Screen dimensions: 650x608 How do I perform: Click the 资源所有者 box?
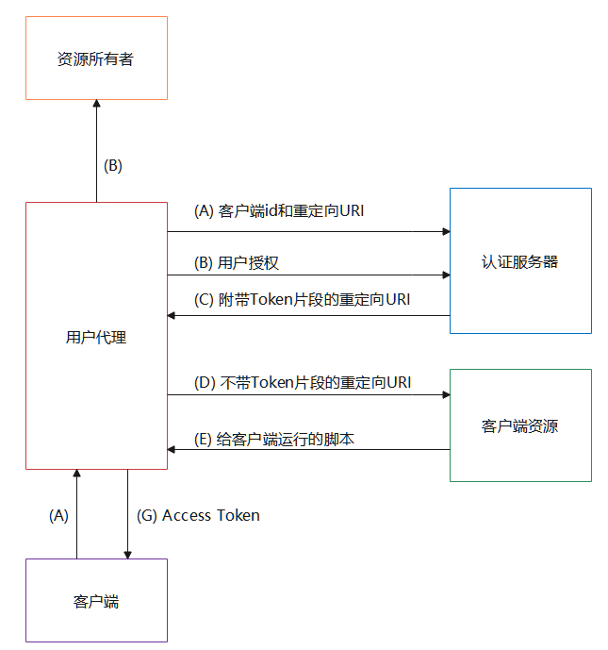[96, 58]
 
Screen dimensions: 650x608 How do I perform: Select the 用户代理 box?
[96, 336]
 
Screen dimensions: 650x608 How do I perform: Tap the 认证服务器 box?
[520, 261]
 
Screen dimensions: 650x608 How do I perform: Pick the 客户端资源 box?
[520, 425]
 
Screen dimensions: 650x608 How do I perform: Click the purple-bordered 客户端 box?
[96, 601]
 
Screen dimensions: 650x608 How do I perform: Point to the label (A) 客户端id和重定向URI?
[279, 211]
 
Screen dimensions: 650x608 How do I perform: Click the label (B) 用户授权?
[236, 262]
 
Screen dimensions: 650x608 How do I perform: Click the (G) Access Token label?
[198, 515]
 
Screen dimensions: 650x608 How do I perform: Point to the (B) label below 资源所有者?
[112, 166]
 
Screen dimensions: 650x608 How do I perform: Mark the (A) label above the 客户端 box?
[59, 515]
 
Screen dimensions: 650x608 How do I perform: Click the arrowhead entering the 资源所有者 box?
[96, 104]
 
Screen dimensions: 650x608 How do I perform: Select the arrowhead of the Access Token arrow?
[127, 554]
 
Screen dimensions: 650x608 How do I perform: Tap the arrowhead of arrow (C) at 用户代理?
[173, 315]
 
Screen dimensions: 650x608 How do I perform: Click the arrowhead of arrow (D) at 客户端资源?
[445, 395]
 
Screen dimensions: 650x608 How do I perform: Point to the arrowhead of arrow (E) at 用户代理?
[173, 450]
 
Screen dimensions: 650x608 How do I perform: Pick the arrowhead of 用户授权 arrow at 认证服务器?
[445, 275]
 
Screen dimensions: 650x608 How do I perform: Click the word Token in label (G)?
[237, 515]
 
